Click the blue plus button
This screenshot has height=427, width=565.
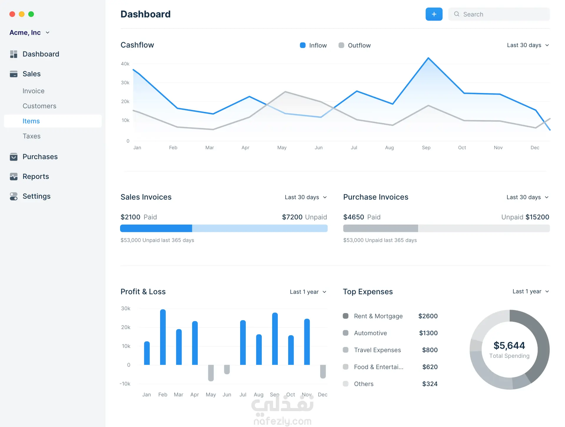pyautogui.click(x=434, y=14)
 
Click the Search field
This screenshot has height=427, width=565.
pyautogui.click(x=499, y=14)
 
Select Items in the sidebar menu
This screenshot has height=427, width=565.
pyautogui.click(x=31, y=121)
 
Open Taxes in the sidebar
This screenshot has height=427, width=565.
pyautogui.click(x=31, y=136)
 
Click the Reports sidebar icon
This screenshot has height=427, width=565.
pyautogui.click(x=14, y=176)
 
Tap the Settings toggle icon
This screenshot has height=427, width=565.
pyautogui.click(x=14, y=196)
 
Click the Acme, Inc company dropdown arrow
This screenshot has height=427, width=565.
pyautogui.click(x=48, y=33)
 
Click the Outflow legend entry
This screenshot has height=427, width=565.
pyautogui.click(x=355, y=45)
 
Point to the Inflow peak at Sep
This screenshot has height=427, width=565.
pyautogui.click(x=428, y=58)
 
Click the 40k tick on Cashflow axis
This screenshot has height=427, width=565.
pyautogui.click(x=125, y=64)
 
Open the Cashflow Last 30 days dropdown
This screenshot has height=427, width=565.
pyautogui.click(x=528, y=45)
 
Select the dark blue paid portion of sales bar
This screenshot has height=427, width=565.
pyautogui.click(x=156, y=228)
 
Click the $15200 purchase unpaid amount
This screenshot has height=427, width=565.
pyautogui.click(x=537, y=217)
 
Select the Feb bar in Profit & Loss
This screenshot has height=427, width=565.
pyautogui.click(x=163, y=337)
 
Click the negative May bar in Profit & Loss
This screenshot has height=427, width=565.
pyautogui.click(x=211, y=373)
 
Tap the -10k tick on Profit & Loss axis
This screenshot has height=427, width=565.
pyautogui.click(x=125, y=384)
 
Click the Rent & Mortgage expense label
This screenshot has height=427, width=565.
pyautogui.click(x=378, y=316)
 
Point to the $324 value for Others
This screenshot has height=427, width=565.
pyautogui.click(x=430, y=384)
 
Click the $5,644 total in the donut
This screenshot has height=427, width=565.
pyautogui.click(x=509, y=345)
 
